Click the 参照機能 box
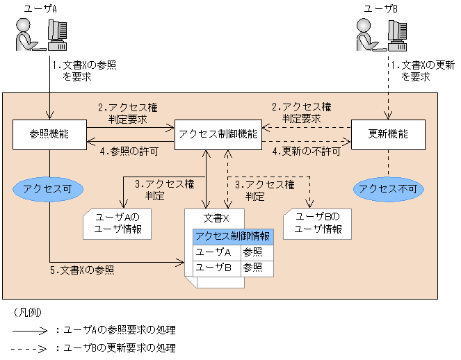pyautogui.click(x=49, y=133)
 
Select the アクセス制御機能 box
pyautogui.click(x=218, y=133)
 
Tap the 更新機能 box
pyautogui.click(x=388, y=133)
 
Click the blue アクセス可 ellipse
pyautogui.click(x=49, y=188)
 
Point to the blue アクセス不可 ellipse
pyautogui.click(x=388, y=188)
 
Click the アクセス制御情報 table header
pyautogui.click(x=234, y=236)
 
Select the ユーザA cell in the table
pyautogui.click(x=216, y=252)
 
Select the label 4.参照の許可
pyautogui.click(x=129, y=151)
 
